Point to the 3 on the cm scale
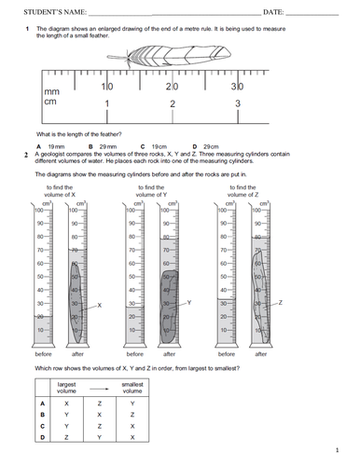(x=238, y=103)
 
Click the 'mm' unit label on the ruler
(x=52, y=91)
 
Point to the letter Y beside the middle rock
(x=189, y=304)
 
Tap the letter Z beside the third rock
(x=281, y=304)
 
